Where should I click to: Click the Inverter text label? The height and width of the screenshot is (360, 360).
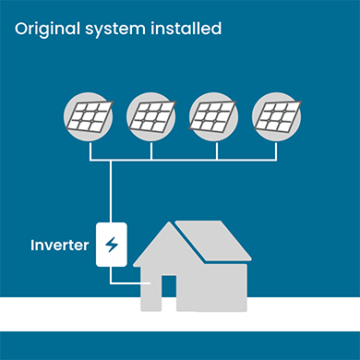[x=59, y=246]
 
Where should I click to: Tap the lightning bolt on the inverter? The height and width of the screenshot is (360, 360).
[x=113, y=246]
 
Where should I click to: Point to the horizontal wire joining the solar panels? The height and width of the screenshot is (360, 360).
[x=185, y=161]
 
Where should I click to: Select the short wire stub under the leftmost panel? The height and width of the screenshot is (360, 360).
[x=90, y=150]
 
